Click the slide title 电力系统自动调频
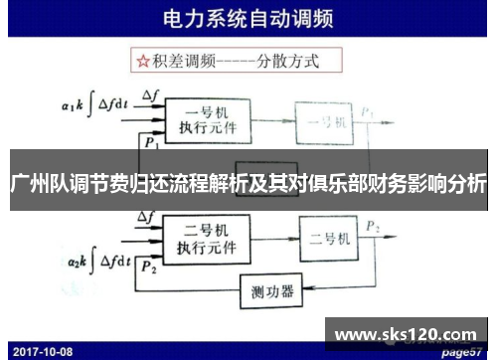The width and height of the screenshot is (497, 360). coord(249,19)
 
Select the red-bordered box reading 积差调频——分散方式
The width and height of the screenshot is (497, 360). coord(228,61)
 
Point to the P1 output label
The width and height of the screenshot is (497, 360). coord(369,111)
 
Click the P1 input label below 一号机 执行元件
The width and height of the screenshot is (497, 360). coord(150,143)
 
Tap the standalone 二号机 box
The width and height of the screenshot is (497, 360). coord(327,239)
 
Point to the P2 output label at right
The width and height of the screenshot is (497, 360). coord(372,228)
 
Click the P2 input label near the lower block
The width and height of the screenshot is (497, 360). coord(149,267)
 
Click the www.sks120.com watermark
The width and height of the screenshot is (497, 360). coord(409,335)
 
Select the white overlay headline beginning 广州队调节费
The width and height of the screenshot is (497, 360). coord(248,183)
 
